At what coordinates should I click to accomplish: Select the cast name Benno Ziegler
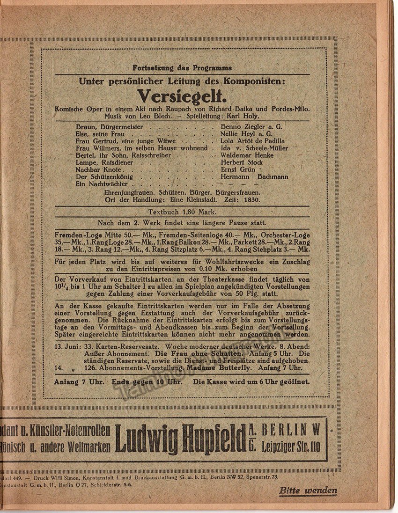point(241,126)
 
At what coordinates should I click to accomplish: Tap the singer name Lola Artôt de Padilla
point(252,141)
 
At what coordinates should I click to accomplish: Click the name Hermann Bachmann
point(254,177)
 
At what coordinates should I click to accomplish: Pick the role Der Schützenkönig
point(104,177)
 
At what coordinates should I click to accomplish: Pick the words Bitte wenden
point(308,491)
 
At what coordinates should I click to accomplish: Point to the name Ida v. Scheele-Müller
point(254,148)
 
